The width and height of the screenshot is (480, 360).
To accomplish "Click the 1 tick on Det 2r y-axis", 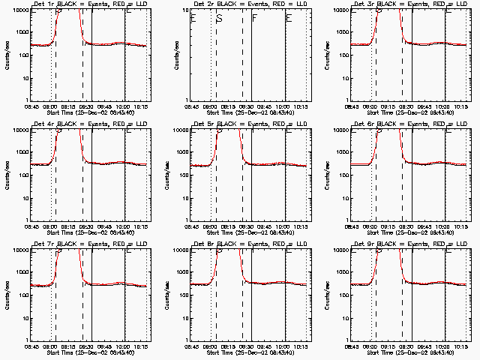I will [186, 100].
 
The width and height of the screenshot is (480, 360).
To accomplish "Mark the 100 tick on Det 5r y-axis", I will [182, 197].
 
